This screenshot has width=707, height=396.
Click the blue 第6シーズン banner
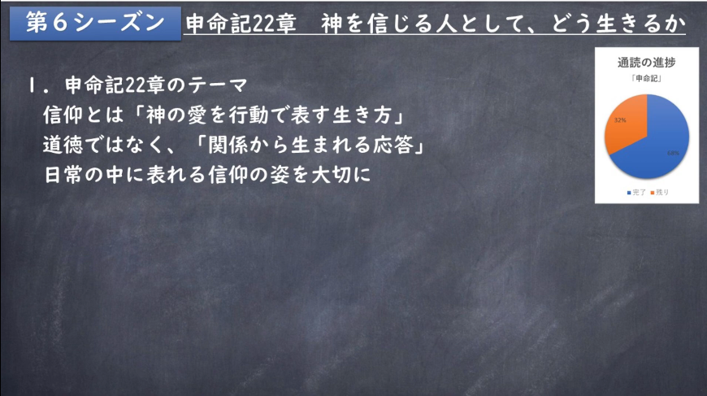pos(95,24)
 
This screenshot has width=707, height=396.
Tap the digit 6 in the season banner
pos(59,23)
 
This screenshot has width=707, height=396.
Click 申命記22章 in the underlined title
pos(241,24)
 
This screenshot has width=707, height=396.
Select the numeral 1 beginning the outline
pos(32,85)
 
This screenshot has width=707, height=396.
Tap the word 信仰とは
pos(83,115)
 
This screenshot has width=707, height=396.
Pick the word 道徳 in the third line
pos(63,145)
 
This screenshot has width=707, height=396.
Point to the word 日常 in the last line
pos(63,175)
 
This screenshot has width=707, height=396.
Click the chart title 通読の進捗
pos(646,63)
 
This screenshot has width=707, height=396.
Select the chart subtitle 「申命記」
pos(646,79)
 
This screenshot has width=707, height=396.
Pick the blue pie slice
pos(658,144)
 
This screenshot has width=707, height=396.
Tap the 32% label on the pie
pos(620,120)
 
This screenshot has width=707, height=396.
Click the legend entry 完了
pos(636,193)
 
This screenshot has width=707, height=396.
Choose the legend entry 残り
pos(660,193)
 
